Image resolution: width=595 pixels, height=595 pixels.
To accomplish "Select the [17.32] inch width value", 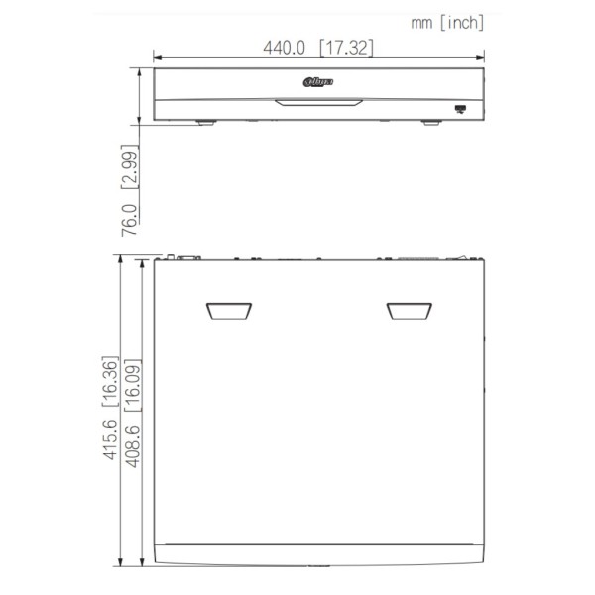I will pyautogui.click(x=346, y=47).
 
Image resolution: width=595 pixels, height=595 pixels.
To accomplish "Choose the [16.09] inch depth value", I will pyautogui.click(x=130, y=383).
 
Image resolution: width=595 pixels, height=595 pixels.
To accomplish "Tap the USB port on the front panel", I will pyautogui.click(x=460, y=108).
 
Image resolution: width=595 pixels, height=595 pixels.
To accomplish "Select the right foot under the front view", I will pyautogui.click(x=428, y=123).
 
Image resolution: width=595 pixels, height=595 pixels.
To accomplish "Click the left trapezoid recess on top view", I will pyautogui.click(x=227, y=312).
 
